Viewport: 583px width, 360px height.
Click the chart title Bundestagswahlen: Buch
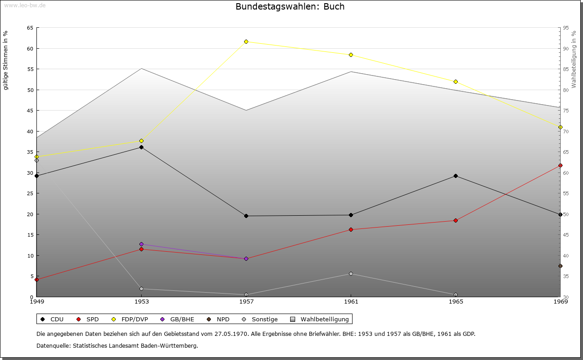pyautogui.click(x=290, y=7)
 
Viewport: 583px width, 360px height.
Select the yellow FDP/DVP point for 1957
pyautogui.click(x=246, y=42)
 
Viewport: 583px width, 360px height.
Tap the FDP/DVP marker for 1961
pyautogui.click(x=351, y=55)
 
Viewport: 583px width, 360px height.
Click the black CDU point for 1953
pyautogui.click(x=141, y=147)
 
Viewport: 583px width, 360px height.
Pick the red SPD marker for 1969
pyautogui.click(x=560, y=166)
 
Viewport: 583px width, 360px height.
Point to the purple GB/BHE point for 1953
pyautogui.click(x=141, y=244)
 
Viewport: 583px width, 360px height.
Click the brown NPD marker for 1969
pyautogui.click(x=560, y=266)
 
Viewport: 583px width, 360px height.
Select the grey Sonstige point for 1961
pyautogui.click(x=351, y=274)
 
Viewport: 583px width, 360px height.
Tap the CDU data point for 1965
pyautogui.click(x=455, y=176)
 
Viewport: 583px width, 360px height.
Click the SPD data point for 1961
pyautogui.click(x=351, y=230)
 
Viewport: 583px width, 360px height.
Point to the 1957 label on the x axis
pyautogui.click(x=246, y=302)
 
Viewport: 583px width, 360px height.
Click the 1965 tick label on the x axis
pyautogui.click(x=456, y=302)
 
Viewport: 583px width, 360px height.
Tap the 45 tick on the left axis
pyautogui.click(x=30, y=111)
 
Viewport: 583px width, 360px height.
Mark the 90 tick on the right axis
pyautogui.click(x=565, y=49)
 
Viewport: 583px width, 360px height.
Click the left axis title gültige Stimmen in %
pyautogui.click(x=6, y=60)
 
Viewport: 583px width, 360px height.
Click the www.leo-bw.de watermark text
pyautogui.click(x=24, y=5)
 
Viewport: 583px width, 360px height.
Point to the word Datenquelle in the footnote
pyautogui.click(x=51, y=346)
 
